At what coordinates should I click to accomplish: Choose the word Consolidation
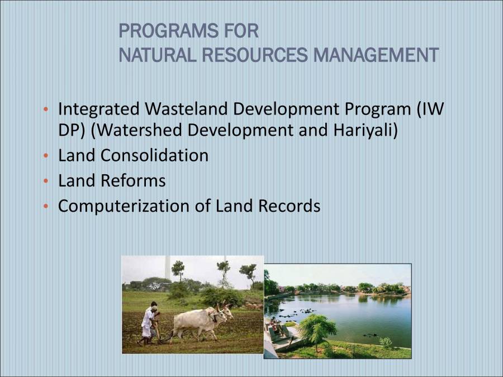[x=154, y=155]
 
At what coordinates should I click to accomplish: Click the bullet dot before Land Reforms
[x=46, y=182]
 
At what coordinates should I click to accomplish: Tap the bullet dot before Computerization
[x=46, y=207]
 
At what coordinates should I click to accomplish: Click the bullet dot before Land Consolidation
[x=46, y=156]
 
